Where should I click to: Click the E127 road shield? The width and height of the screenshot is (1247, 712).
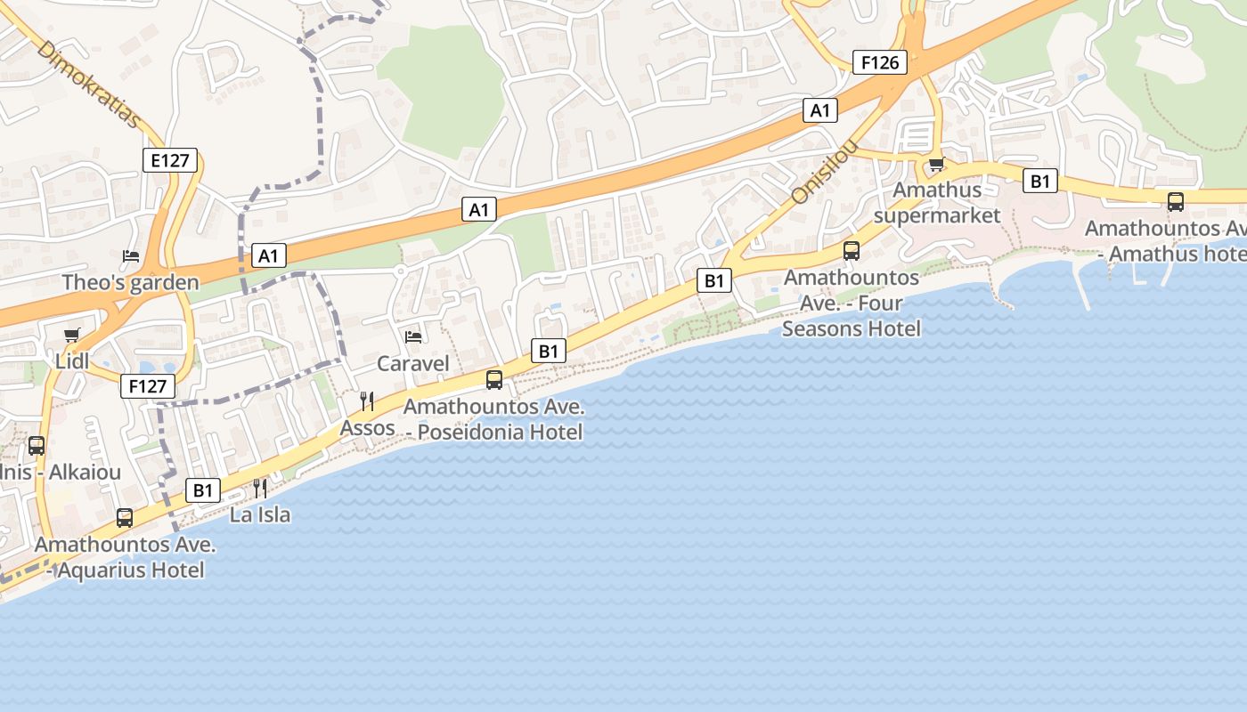click(169, 160)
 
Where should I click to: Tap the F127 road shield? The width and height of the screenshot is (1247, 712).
click(148, 386)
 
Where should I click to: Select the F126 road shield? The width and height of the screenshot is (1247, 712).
click(880, 62)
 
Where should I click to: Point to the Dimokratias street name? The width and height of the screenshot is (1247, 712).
click(89, 84)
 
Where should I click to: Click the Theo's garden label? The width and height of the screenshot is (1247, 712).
click(130, 283)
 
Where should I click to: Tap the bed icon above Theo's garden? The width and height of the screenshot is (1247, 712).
click(131, 256)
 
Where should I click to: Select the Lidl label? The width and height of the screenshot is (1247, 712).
click(72, 361)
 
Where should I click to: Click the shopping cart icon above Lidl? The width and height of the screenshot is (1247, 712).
click(72, 336)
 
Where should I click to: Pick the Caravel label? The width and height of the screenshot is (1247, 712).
click(413, 363)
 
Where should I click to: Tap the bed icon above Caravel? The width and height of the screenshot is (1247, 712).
click(413, 336)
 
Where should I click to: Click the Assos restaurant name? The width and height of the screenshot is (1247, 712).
click(367, 428)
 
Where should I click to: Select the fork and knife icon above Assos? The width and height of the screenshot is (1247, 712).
click(367, 401)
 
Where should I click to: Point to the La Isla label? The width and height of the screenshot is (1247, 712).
click(260, 514)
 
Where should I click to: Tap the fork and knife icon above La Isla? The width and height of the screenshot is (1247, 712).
click(260, 488)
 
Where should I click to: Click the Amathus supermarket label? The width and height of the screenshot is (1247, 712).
click(937, 203)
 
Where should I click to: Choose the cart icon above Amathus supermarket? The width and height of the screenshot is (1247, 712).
click(936, 165)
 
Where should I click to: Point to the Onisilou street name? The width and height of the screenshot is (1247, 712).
click(825, 171)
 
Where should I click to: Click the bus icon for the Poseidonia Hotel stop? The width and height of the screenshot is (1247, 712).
click(494, 380)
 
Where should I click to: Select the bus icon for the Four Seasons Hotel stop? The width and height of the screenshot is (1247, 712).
click(852, 251)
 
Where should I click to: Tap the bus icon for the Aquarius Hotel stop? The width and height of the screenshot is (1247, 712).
click(125, 518)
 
